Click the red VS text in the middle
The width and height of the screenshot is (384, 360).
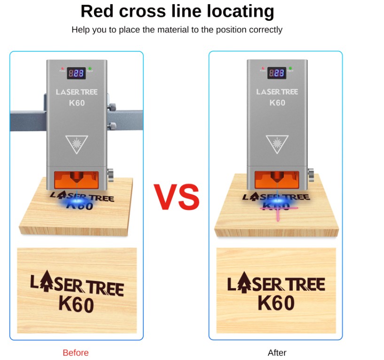pos(176,197)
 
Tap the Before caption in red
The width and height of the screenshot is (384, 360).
pos(75,352)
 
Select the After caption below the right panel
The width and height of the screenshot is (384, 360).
pos(277,352)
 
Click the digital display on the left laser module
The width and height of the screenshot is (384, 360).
pos(76,73)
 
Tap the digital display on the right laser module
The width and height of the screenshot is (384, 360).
pos(277,73)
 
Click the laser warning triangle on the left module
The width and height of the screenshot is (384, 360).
pos(77,143)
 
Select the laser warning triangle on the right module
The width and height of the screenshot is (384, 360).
pos(277,143)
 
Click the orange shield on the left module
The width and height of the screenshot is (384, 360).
pos(76,179)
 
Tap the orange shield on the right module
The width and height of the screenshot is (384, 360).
pos(277,179)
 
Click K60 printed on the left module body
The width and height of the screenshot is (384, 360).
pos(77,103)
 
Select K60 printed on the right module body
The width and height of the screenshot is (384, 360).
pos(277,103)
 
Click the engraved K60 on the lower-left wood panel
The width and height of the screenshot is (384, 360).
pos(76,305)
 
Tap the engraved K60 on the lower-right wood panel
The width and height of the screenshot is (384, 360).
pos(276,303)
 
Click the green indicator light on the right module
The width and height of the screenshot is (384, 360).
pos(290,69)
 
